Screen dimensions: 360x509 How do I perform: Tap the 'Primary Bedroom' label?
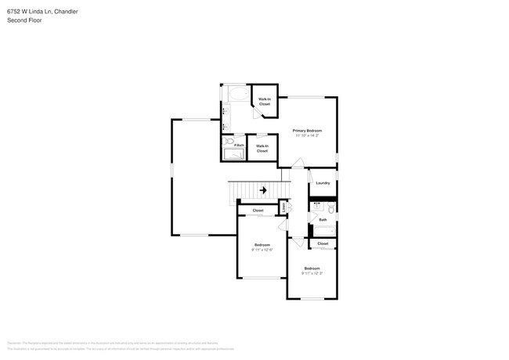click(x=307, y=130)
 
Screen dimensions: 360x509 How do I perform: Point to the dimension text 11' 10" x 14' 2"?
click(x=307, y=135)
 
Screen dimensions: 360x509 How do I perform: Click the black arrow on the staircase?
click(x=263, y=189)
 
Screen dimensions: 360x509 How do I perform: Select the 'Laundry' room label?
click(x=323, y=183)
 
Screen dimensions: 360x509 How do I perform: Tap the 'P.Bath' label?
click(x=239, y=145)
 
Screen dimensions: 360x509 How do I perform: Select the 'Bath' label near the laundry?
click(x=323, y=220)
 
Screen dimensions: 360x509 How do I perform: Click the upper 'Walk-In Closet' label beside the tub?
click(x=265, y=102)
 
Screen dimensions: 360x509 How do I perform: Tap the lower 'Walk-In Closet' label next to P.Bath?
click(x=262, y=148)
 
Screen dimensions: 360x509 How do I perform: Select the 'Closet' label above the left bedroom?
click(x=258, y=211)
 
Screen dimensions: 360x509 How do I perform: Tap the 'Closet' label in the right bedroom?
click(x=323, y=243)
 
